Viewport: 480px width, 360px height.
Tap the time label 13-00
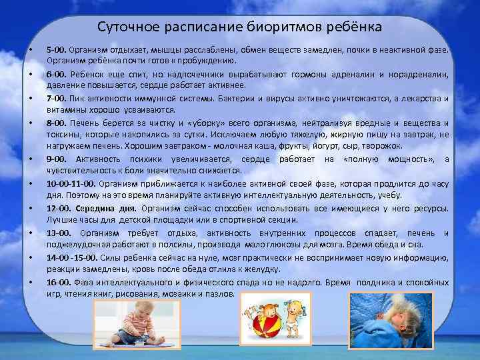[58, 233]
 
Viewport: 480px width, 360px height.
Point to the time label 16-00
[58, 282]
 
